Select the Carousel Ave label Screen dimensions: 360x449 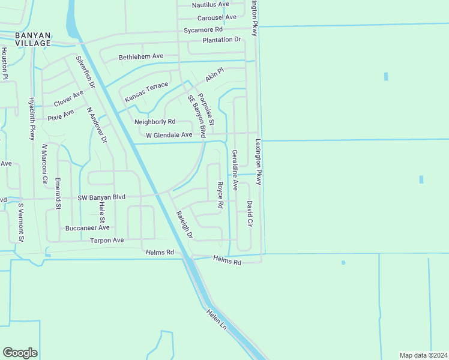pyautogui.click(x=217, y=17)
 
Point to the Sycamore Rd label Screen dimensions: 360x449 pyautogui.click(x=203, y=29)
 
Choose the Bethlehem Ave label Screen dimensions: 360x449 pyautogui.click(x=141, y=56)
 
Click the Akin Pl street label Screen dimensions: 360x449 pyautogui.click(x=214, y=75)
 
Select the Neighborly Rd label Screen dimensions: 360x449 pyautogui.click(x=155, y=122)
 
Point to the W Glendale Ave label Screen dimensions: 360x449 pyautogui.click(x=169, y=135)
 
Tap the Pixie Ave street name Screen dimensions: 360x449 pyautogui.click(x=61, y=112)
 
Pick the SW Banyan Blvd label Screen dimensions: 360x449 pyautogui.click(x=101, y=197)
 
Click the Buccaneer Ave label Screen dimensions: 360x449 pyautogui.click(x=88, y=228)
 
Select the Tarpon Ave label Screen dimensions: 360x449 pyautogui.click(x=107, y=241)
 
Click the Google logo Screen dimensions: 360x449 pyautogui.click(x=20, y=353)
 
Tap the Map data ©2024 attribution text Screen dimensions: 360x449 pyautogui.click(x=423, y=355)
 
